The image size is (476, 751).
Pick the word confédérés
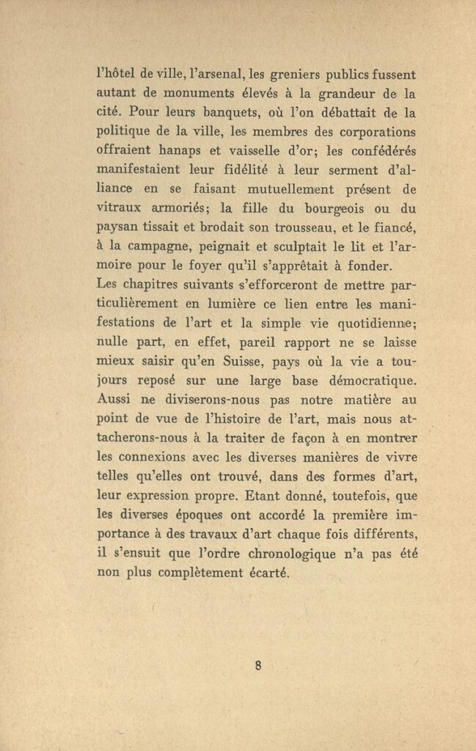375,151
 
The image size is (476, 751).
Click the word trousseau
282,227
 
